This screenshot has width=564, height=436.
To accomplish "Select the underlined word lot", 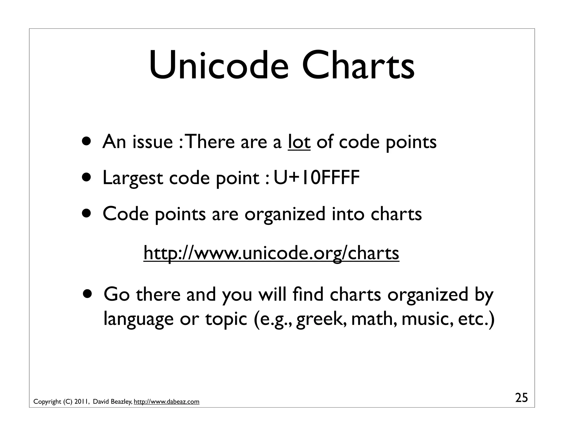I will [299, 142].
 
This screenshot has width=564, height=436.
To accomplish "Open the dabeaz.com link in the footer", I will [166, 402].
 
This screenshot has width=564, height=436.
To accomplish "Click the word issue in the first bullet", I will [153, 142].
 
